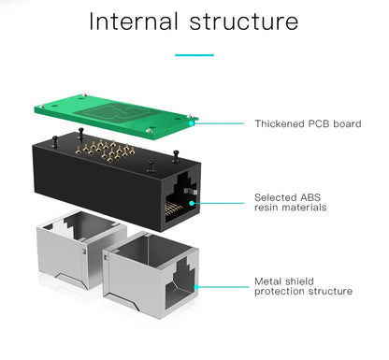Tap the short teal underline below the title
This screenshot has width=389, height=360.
coord(194,55)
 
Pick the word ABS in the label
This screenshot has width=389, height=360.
coord(310,197)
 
